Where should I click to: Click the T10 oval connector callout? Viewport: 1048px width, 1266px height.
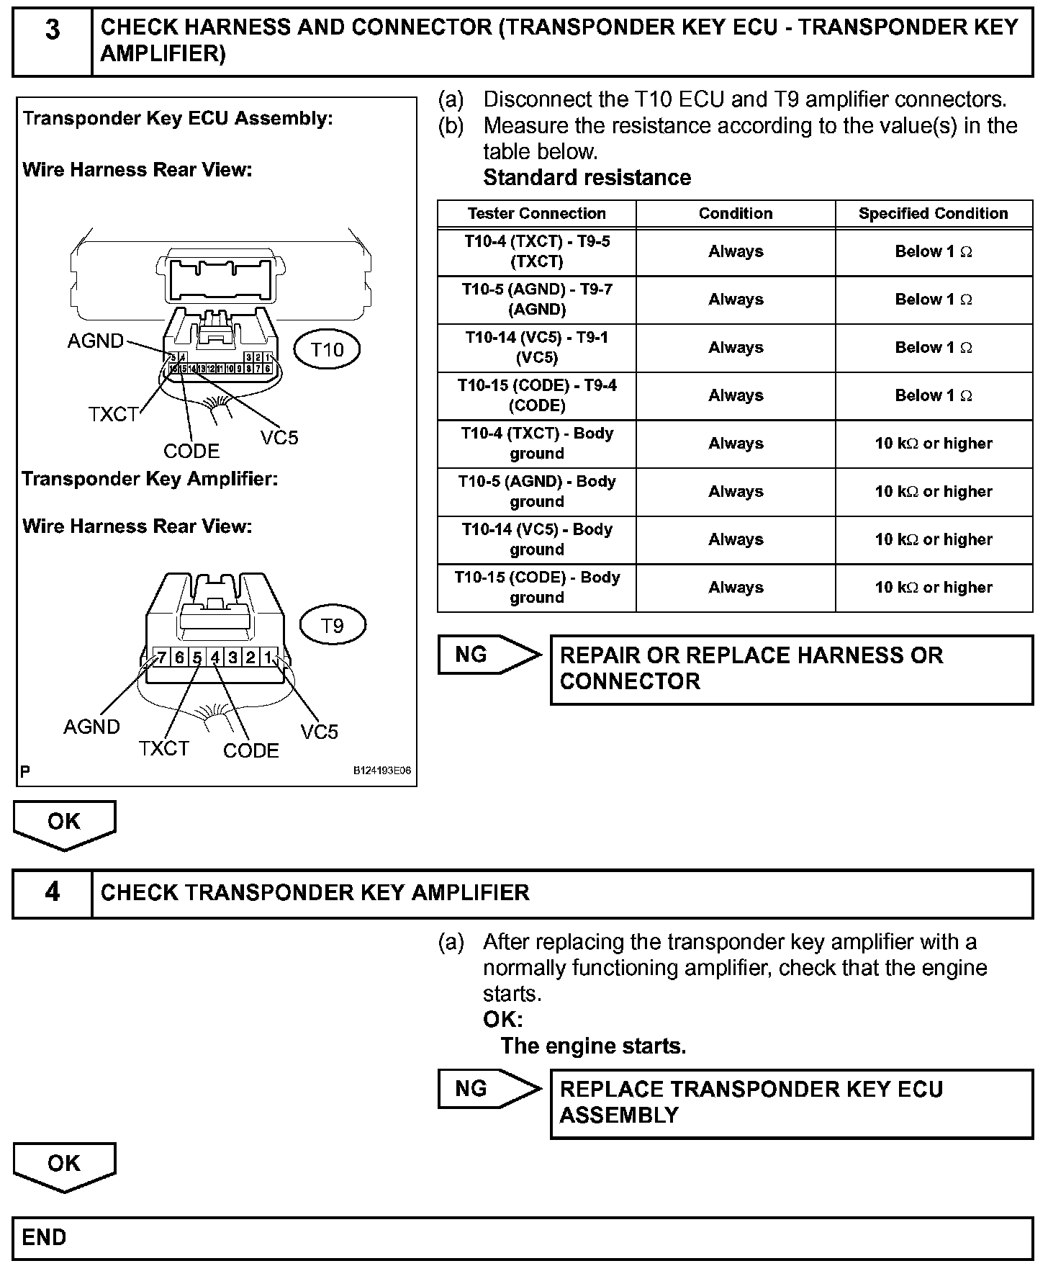click(327, 350)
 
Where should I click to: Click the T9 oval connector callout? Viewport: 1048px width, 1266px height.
click(332, 625)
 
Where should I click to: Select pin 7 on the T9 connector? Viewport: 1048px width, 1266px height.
click(161, 657)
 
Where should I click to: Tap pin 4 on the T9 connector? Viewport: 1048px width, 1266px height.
click(214, 657)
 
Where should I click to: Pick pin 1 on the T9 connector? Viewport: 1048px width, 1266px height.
click(268, 657)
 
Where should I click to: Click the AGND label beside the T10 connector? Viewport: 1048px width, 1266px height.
click(95, 341)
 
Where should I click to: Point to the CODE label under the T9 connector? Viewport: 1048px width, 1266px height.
click(250, 750)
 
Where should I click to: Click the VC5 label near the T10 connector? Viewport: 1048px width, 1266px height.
click(279, 437)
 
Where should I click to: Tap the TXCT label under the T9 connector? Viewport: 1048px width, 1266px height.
click(163, 748)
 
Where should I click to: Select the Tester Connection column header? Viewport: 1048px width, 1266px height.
click(536, 213)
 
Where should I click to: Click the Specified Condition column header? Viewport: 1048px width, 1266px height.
click(933, 213)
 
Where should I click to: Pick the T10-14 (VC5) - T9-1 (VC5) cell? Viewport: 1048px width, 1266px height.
click(536, 347)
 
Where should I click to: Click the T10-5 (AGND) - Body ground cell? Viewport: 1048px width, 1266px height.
click(536, 491)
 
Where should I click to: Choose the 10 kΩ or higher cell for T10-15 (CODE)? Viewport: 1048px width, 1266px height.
click(933, 588)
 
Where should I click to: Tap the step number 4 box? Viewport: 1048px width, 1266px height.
click(53, 892)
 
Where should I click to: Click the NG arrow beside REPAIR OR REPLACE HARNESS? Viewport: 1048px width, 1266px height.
click(488, 655)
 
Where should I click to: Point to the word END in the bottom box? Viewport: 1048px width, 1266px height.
click(44, 1237)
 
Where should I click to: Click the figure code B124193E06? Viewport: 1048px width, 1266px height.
click(381, 771)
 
